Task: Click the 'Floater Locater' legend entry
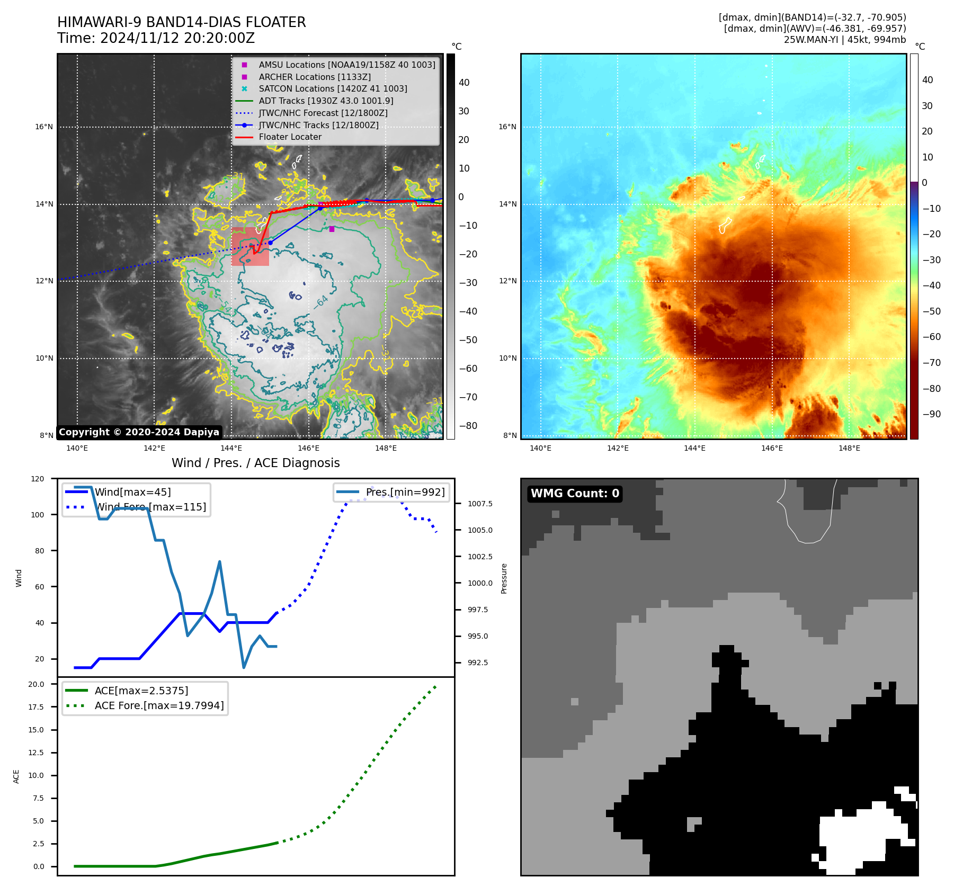(x=290, y=137)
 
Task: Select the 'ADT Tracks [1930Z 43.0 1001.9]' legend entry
(x=326, y=101)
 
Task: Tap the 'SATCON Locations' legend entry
(x=333, y=89)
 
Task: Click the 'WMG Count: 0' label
(x=575, y=494)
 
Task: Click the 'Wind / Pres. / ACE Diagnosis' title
(x=255, y=463)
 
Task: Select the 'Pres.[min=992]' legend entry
(x=405, y=492)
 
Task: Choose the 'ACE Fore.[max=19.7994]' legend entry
(x=159, y=705)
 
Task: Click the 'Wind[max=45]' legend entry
(x=132, y=492)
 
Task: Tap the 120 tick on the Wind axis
(x=38, y=479)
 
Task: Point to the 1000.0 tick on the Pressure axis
(x=480, y=583)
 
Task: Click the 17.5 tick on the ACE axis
(x=36, y=707)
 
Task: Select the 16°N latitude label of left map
(x=44, y=127)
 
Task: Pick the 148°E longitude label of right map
(x=849, y=448)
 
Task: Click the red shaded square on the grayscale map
(x=250, y=247)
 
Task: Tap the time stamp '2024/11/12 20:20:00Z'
(x=177, y=39)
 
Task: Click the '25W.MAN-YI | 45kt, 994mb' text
(x=844, y=40)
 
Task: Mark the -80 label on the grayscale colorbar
(x=468, y=426)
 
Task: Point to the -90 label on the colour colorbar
(x=931, y=414)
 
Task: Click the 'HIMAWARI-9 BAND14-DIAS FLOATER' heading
(x=181, y=22)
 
